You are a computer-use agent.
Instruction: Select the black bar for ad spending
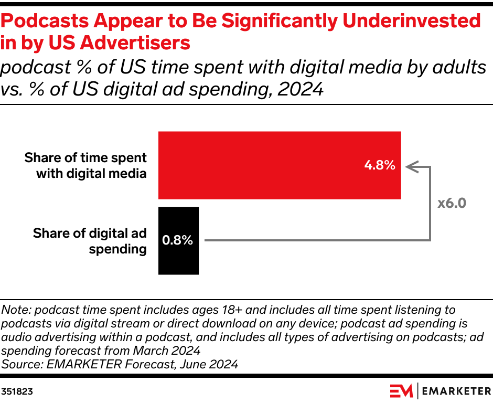[x=178, y=257]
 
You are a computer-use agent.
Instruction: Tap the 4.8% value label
[x=379, y=165]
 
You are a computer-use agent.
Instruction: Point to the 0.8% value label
[x=178, y=241]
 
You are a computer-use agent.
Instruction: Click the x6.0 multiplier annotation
[x=452, y=203]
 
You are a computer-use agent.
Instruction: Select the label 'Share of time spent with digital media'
[x=85, y=165]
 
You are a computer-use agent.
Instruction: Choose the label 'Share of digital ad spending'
[x=89, y=241]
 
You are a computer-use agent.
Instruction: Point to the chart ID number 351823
[x=16, y=391]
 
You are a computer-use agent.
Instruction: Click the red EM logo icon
[x=401, y=391]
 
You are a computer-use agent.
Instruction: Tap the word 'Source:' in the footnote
[x=20, y=364]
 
